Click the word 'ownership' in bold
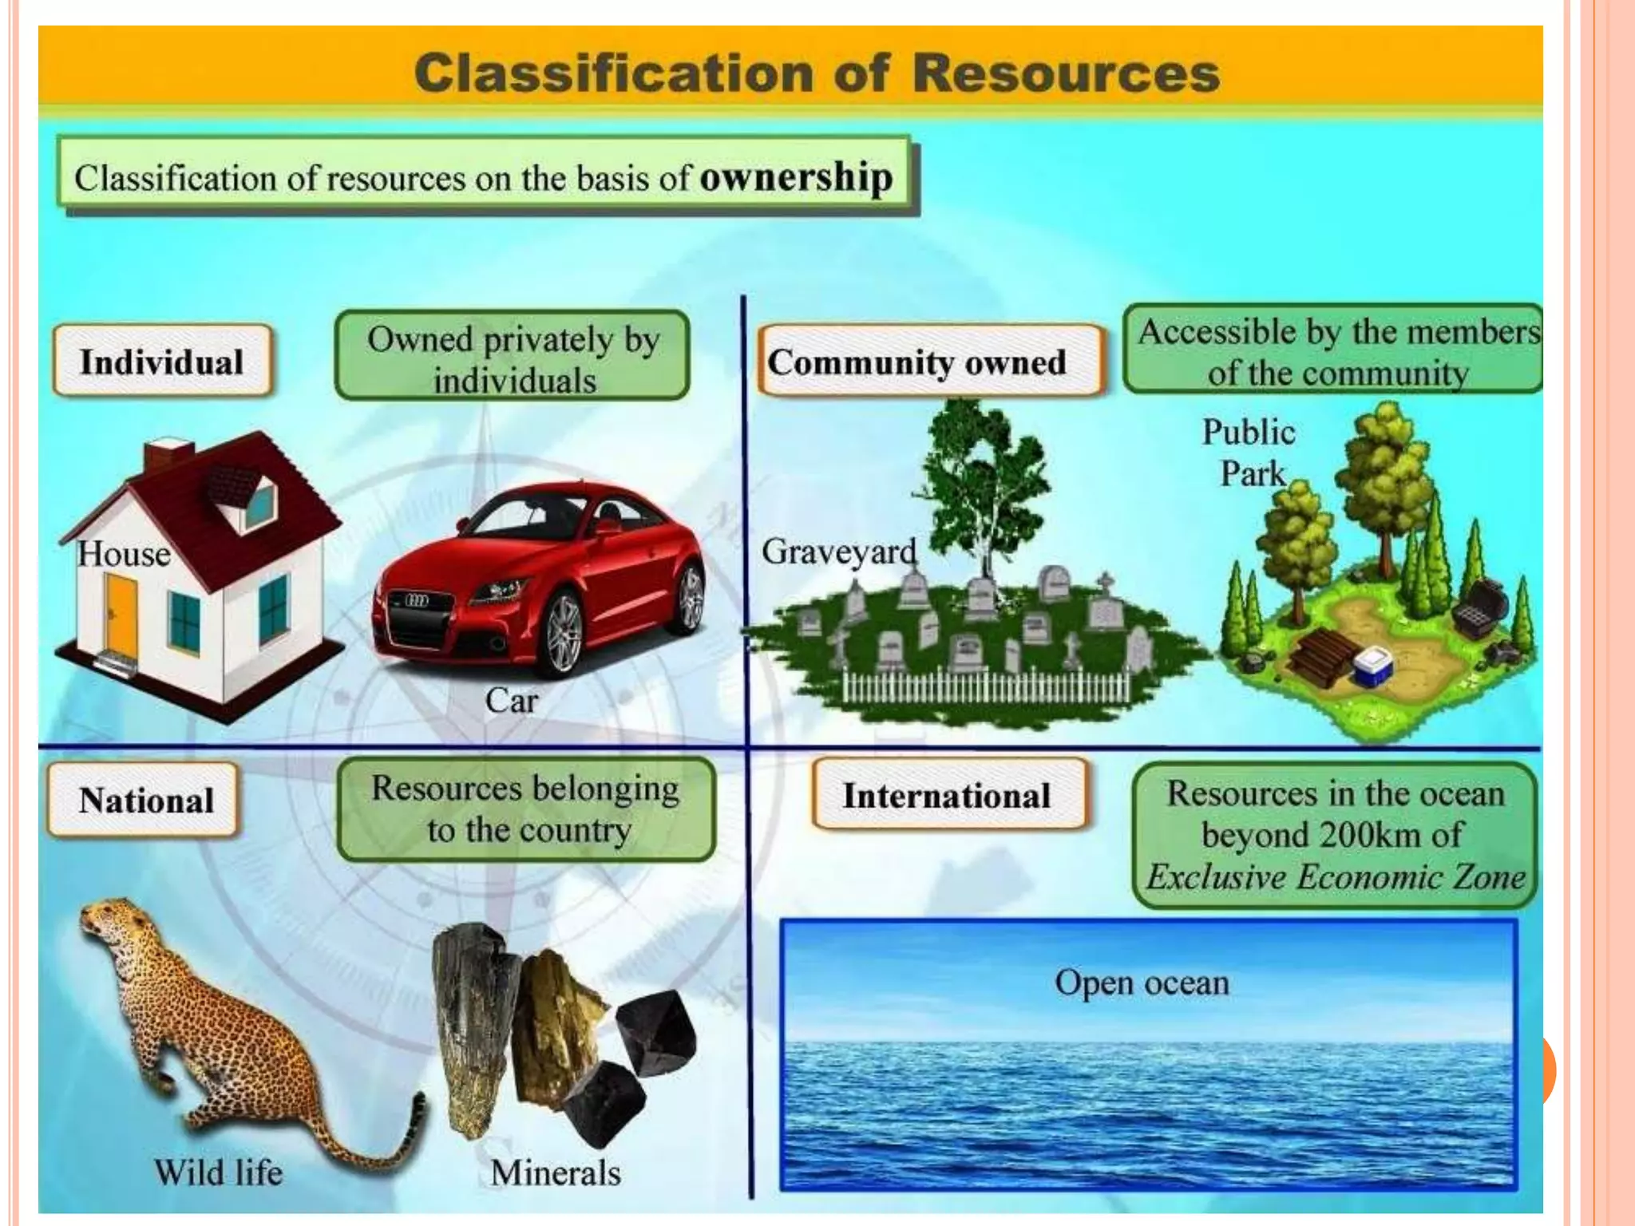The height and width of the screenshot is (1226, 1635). tap(796, 177)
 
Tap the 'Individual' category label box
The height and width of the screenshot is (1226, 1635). tap(162, 362)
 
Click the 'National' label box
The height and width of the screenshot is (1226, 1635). tap(146, 801)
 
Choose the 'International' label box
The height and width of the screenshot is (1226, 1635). tap(947, 796)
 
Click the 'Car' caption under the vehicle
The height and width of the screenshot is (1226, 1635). tap(511, 701)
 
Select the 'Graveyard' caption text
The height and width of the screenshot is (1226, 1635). tap(838, 552)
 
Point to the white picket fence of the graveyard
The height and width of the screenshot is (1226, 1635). tap(986, 686)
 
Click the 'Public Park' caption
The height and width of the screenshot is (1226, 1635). tap(1249, 453)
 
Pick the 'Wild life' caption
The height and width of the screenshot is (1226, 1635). tap(218, 1173)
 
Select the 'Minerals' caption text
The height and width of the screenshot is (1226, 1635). tap(556, 1173)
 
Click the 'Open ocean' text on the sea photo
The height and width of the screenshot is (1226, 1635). tap(1142, 983)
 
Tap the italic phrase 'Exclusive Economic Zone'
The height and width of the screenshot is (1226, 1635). tap(1336, 877)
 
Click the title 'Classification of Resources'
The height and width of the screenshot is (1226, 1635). tap(817, 73)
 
